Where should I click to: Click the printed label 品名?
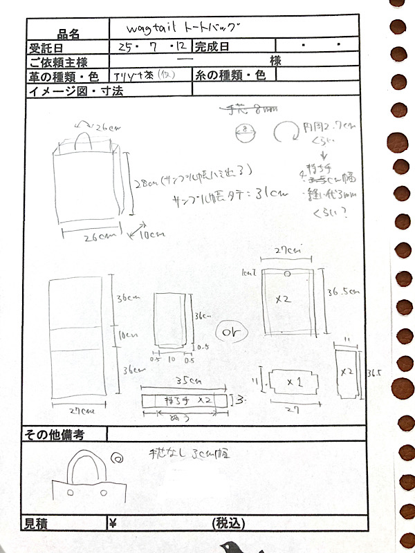point(69,32)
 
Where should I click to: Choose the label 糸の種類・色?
point(231,75)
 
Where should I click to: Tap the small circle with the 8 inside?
point(246,129)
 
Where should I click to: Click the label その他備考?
point(55,435)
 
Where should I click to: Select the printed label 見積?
point(38,523)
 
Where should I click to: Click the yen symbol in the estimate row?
point(113,523)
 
